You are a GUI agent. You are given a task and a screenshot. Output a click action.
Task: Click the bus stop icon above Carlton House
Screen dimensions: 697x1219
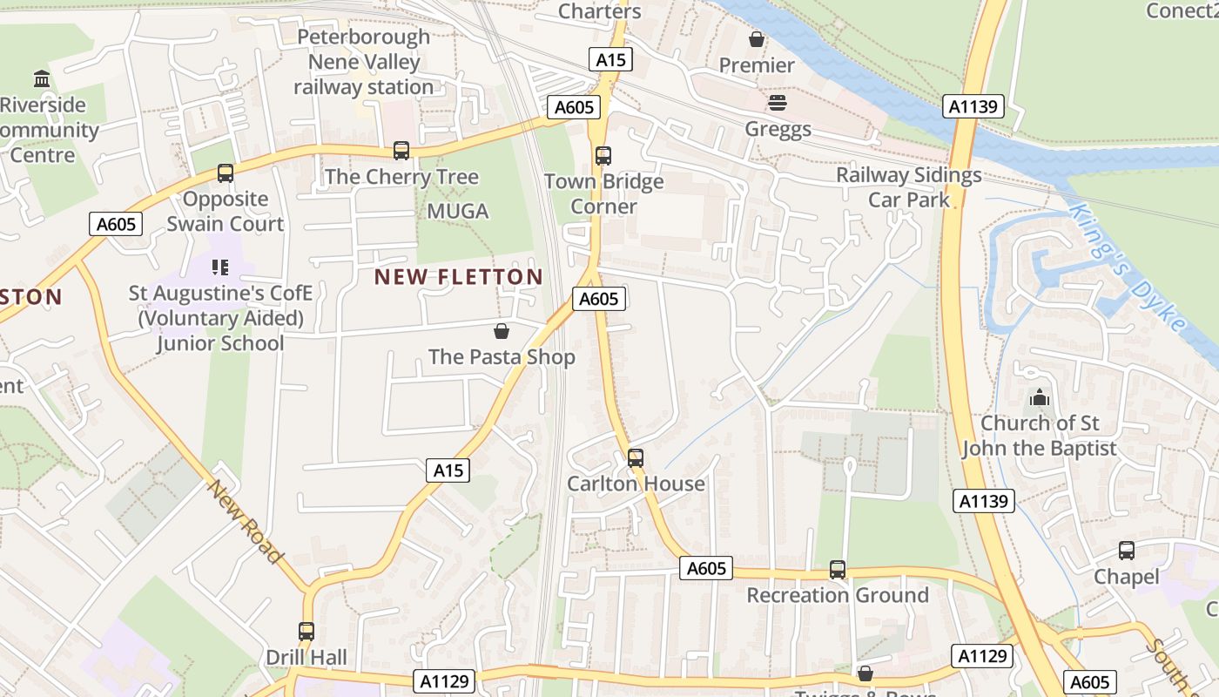(x=636, y=457)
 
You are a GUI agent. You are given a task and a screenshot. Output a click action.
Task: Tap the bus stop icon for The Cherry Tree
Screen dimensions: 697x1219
(x=401, y=150)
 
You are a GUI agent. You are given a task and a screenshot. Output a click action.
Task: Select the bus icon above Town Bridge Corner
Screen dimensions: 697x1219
(x=603, y=156)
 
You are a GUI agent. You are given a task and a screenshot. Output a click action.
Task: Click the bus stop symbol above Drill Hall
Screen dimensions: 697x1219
(x=306, y=631)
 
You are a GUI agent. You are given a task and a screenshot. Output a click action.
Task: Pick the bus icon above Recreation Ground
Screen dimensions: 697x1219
(x=838, y=570)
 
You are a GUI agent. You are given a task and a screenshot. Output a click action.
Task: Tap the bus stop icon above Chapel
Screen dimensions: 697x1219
(x=1127, y=551)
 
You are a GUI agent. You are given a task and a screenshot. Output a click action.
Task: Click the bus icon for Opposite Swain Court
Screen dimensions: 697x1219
(x=226, y=173)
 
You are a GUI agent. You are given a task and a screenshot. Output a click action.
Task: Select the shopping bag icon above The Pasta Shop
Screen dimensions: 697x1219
(x=502, y=331)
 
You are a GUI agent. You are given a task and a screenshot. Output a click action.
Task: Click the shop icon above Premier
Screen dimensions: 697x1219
(x=757, y=39)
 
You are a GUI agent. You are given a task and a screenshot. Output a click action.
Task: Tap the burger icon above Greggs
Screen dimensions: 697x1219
(x=778, y=103)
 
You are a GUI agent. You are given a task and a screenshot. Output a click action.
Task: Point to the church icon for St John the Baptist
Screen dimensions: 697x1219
(x=1039, y=398)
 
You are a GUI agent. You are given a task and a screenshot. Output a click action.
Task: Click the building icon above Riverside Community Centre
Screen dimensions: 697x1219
(x=42, y=79)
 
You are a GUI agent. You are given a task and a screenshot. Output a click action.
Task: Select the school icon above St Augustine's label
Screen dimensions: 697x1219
(x=219, y=267)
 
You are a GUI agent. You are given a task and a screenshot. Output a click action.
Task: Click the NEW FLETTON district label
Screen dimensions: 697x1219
(x=459, y=277)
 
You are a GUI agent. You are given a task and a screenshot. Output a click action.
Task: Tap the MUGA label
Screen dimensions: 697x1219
(x=458, y=211)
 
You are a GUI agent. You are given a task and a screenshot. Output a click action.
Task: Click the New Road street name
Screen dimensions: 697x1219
(x=246, y=520)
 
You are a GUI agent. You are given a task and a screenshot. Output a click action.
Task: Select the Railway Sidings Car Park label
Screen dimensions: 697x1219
(x=909, y=187)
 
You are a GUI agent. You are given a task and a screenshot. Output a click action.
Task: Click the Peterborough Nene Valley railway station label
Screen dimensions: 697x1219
(x=363, y=62)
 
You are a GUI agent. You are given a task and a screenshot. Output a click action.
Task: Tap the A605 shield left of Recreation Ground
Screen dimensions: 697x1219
(x=705, y=569)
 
